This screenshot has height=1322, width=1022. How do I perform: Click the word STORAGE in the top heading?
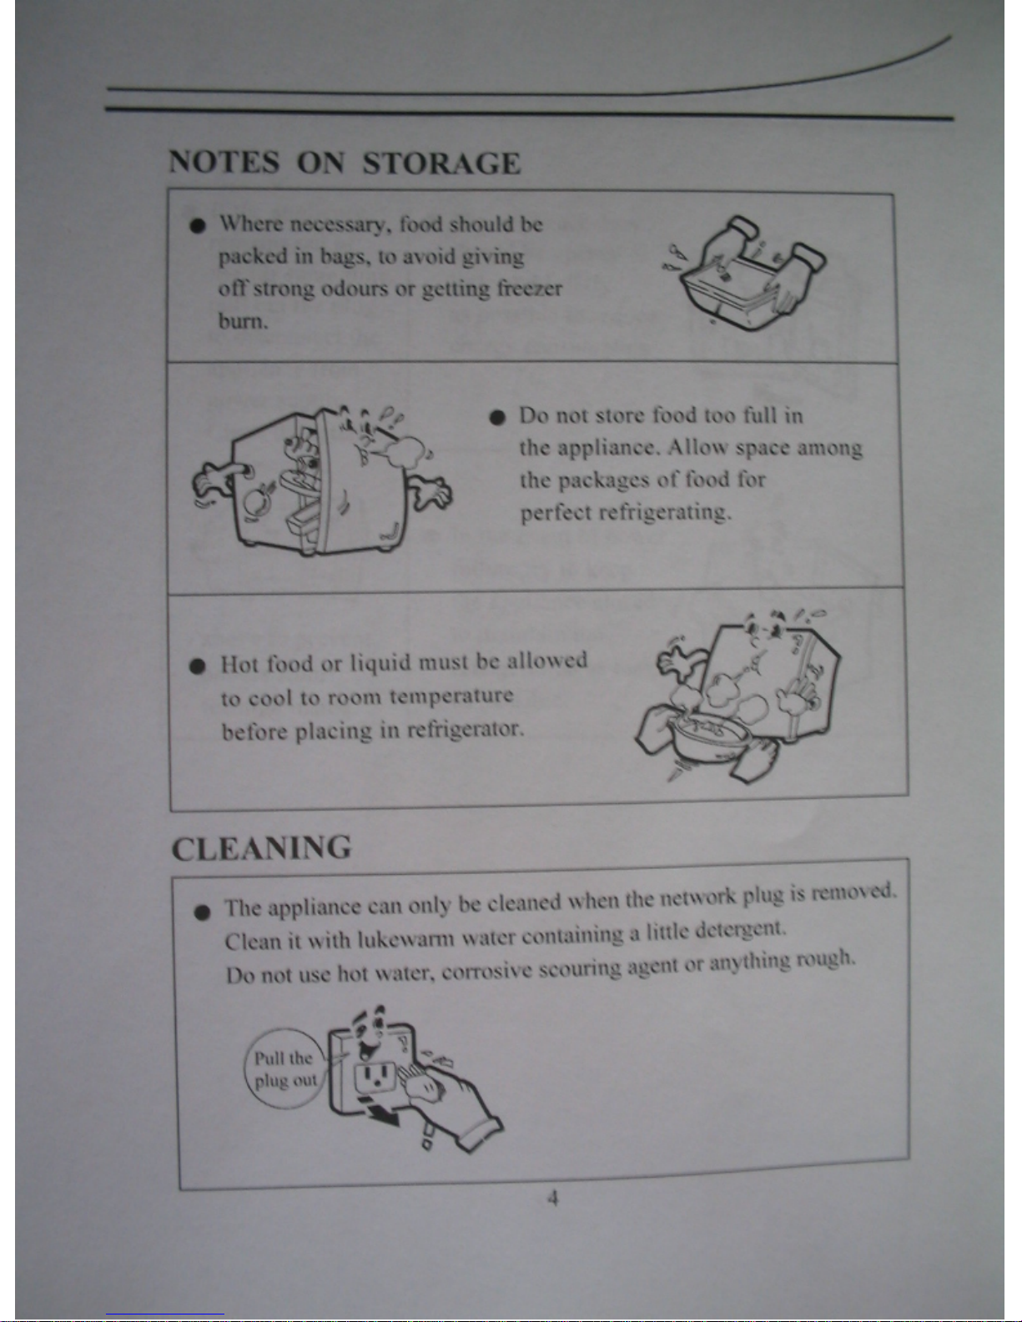coord(441,163)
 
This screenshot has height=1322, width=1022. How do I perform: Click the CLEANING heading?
coord(262,848)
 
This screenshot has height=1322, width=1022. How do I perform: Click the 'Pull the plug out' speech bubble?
coord(284,1068)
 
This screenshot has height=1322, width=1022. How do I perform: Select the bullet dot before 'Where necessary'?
coord(197,226)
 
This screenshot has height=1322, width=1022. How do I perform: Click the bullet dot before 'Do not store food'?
coord(497,417)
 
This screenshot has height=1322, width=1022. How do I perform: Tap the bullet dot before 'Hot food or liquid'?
coord(198,666)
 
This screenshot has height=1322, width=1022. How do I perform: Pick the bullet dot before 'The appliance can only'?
coord(203,912)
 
